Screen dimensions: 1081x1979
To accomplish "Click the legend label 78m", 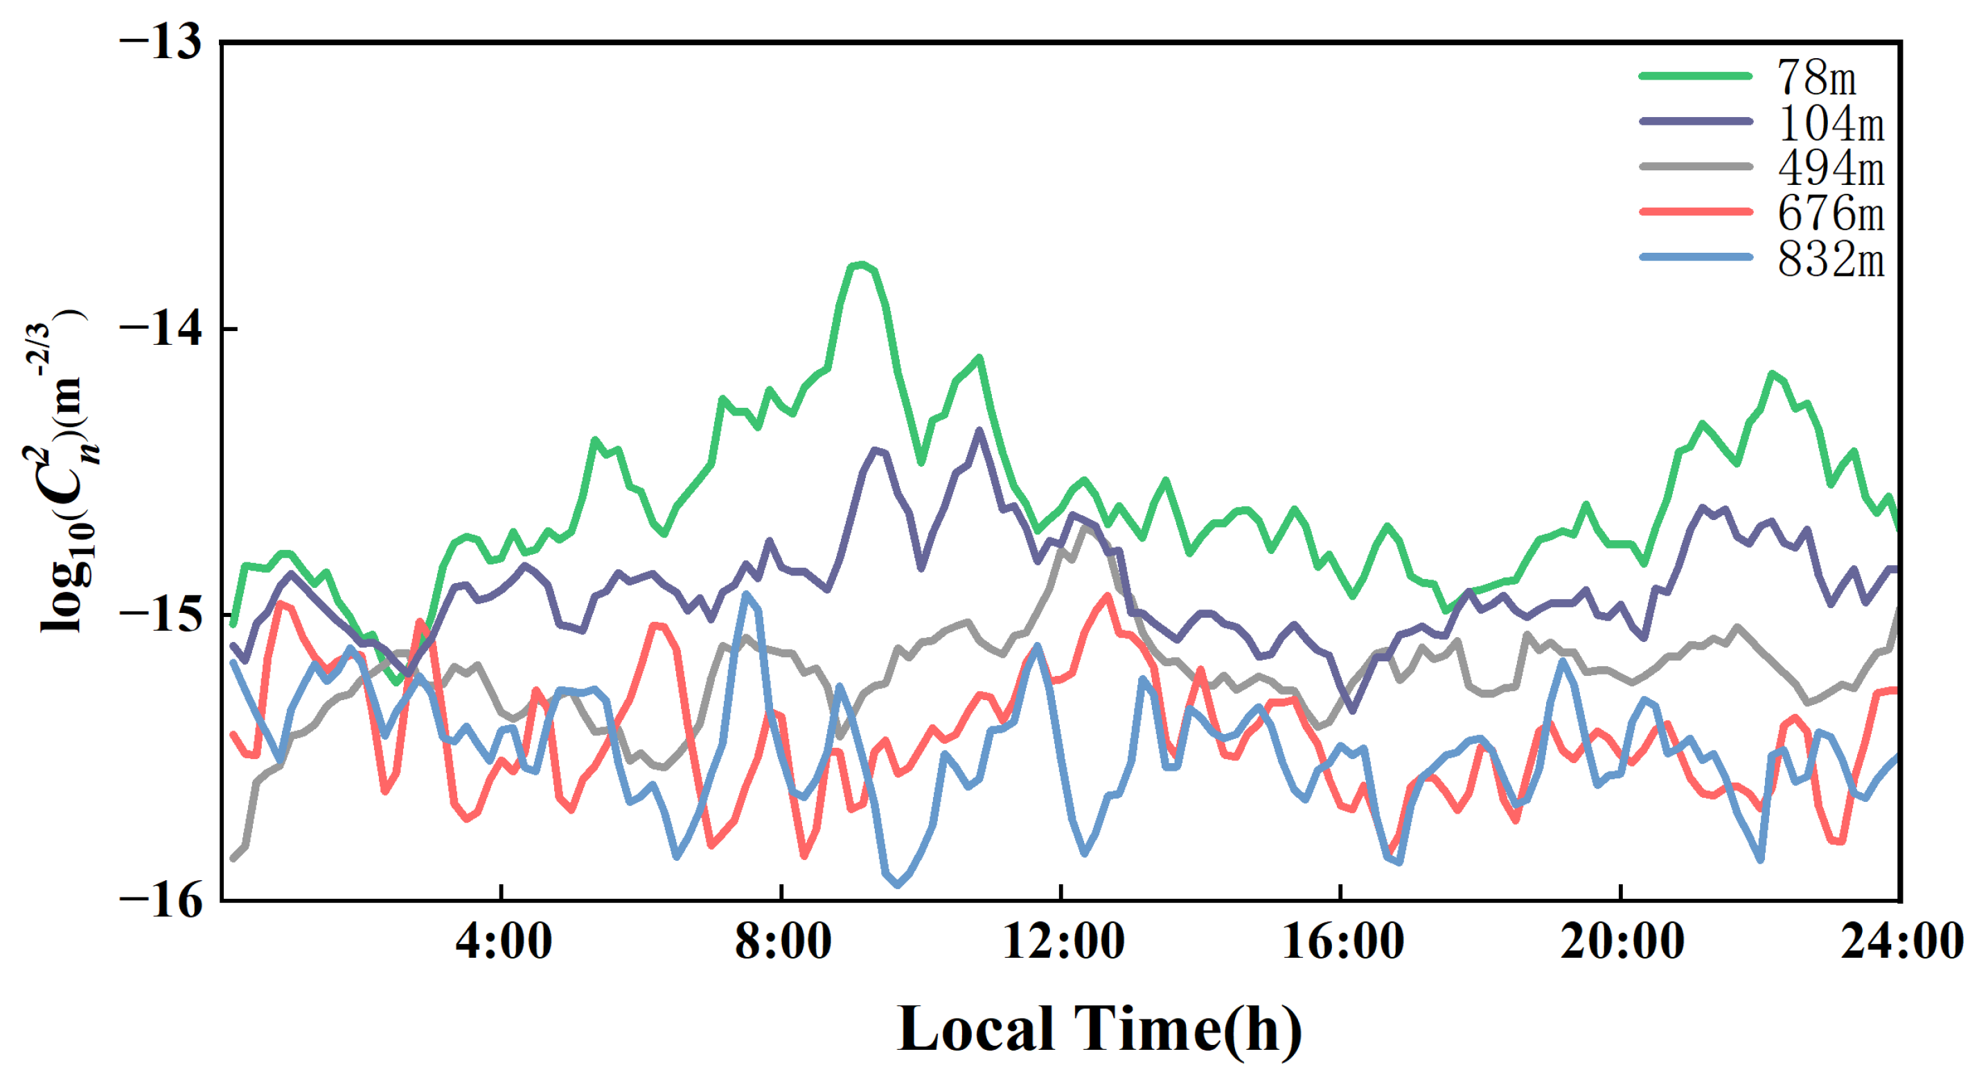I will click(x=1816, y=78).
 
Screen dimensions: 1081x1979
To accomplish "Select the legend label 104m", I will click(x=1831, y=123).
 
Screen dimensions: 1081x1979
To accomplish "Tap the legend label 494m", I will click(x=1831, y=168).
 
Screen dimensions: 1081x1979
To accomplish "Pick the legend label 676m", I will click(x=1831, y=213).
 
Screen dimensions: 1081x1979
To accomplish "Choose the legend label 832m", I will click(x=1831, y=260).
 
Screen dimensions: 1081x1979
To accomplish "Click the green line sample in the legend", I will click(x=1696, y=75).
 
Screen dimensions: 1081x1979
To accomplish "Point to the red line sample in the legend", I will click(x=1696, y=211).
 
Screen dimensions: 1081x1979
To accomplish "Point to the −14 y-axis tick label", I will click(x=161, y=328).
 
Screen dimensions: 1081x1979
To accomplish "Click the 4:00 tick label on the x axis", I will click(x=503, y=941).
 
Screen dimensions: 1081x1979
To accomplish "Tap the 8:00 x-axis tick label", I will click(x=783, y=941).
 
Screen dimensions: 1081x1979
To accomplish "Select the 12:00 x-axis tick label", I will click(x=1063, y=941).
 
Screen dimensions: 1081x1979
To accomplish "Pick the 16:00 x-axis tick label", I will click(x=1343, y=941).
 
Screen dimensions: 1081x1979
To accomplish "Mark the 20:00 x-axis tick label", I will click(x=1622, y=941).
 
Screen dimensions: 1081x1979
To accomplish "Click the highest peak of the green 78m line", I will click(x=862, y=264).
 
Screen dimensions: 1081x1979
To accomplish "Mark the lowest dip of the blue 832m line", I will click(x=897, y=885).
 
